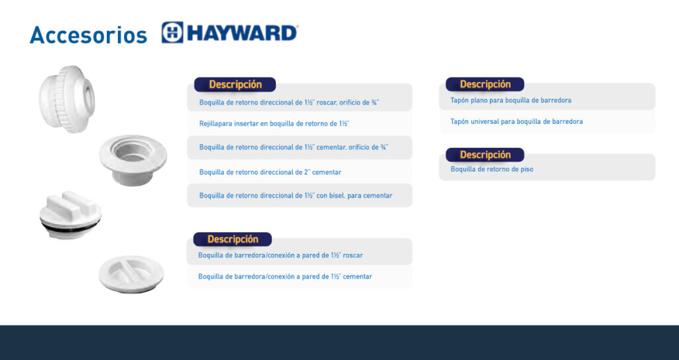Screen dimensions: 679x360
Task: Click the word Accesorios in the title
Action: (x=88, y=34)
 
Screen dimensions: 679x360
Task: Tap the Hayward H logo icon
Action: (x=172, y=32)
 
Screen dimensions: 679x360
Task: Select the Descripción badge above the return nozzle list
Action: (x=235, y=84)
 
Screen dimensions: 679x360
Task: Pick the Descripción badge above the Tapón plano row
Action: (x=485, y=84)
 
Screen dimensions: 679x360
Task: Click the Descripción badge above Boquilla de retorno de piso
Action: (x=485, y=154)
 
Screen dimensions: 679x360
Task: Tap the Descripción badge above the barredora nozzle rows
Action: (x=233, y=239)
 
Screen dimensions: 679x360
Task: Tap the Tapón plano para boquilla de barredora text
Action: (x=511, y=100)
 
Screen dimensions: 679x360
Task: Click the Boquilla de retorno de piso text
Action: (x=492, y=169)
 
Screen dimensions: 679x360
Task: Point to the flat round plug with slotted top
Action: (x=131, y=274)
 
